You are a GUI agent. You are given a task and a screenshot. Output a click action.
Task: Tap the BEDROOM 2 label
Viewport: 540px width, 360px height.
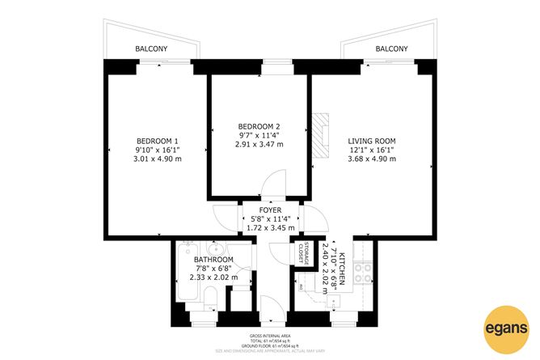pos(259,125)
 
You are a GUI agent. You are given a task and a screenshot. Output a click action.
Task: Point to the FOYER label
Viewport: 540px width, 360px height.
pos(271,210)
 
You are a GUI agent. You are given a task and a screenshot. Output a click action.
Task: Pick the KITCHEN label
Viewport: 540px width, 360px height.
pos(343,266)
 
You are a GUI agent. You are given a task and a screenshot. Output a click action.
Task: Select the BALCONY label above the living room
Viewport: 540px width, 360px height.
pos(392,49)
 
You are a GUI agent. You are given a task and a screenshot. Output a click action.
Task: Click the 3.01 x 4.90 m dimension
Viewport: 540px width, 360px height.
pos(157,159)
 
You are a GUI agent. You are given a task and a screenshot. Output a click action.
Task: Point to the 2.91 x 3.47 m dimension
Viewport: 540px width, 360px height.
pos(259,144)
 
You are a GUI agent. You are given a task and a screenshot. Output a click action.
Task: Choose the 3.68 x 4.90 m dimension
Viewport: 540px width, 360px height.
pos(372,159)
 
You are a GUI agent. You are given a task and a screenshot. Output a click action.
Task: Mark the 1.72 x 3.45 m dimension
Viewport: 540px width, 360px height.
pos(271,228)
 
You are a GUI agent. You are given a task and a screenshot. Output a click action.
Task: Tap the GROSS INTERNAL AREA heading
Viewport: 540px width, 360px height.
pos(269,335)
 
